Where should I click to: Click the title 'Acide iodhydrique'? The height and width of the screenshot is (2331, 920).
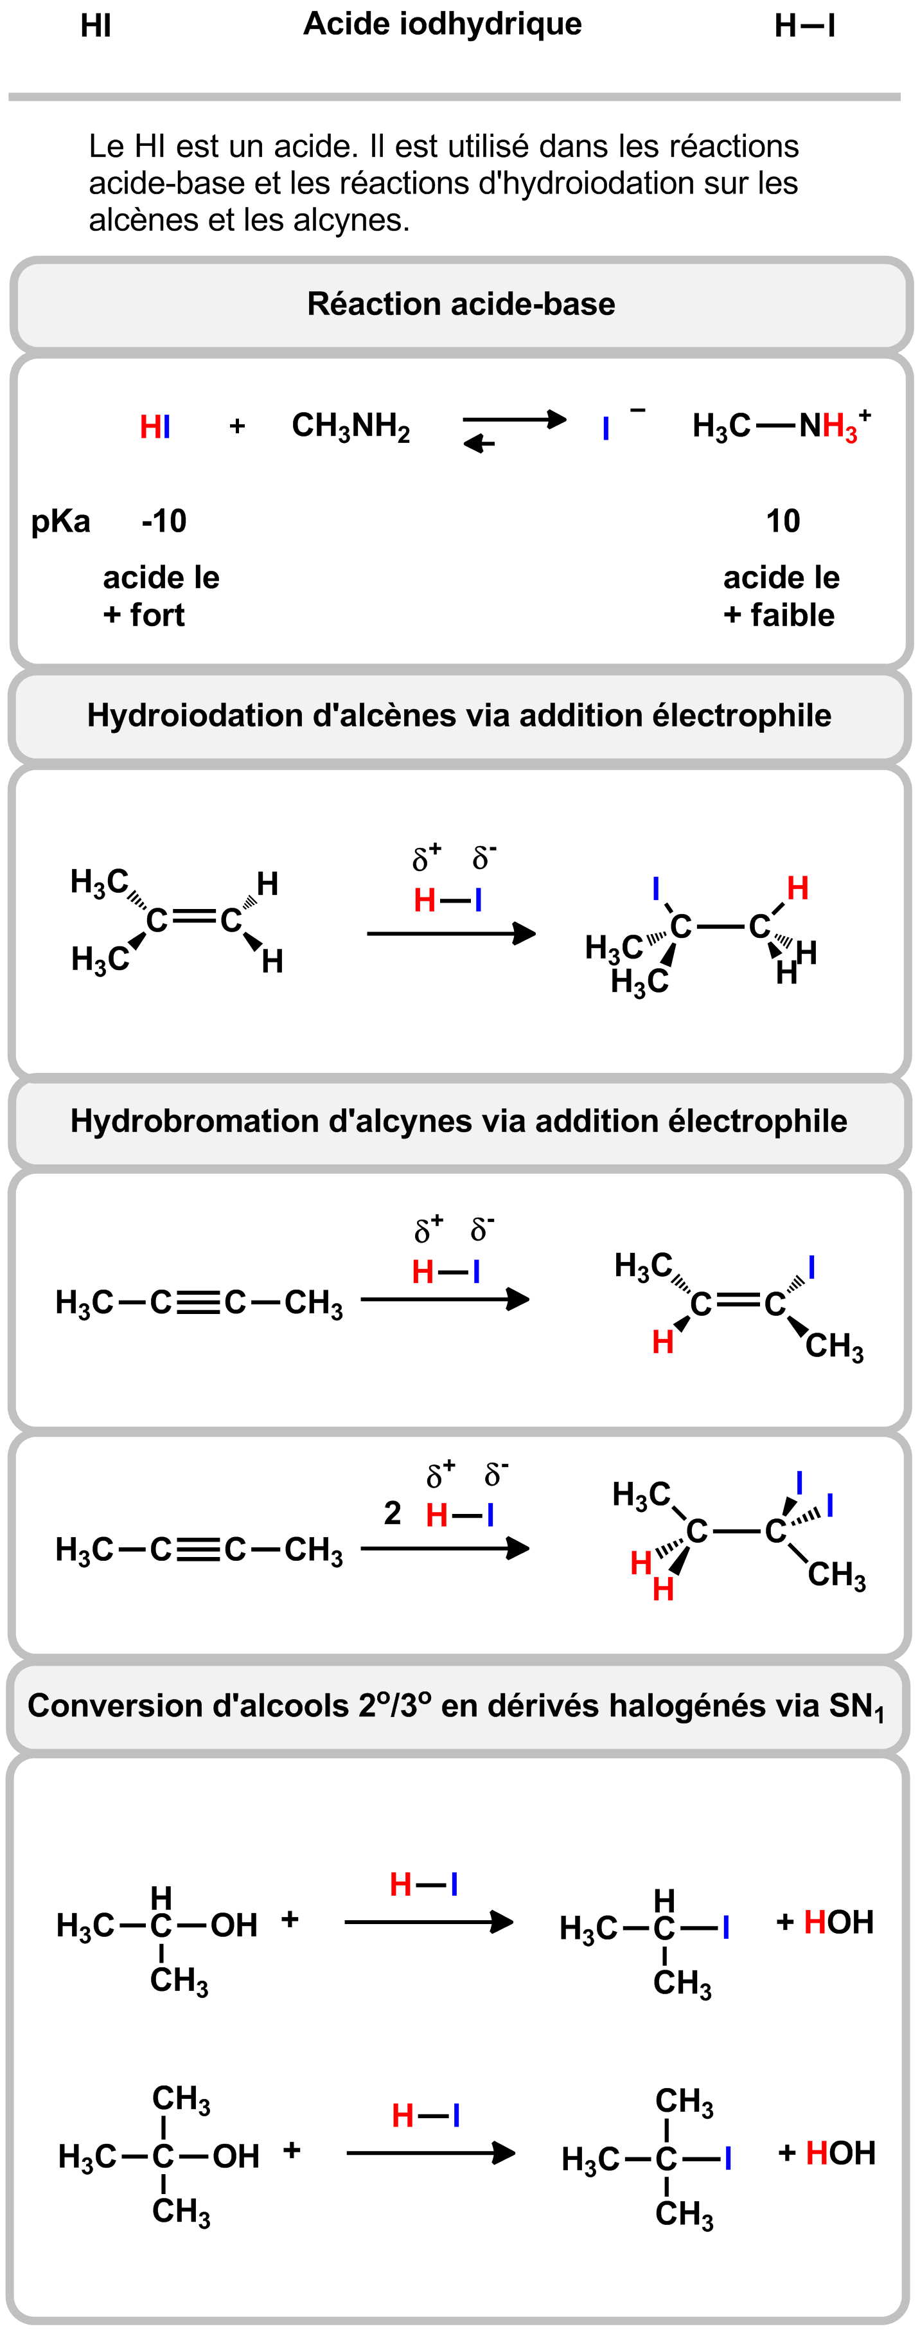tap(443, 24)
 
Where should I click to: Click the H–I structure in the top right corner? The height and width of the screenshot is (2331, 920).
tap(804, 26)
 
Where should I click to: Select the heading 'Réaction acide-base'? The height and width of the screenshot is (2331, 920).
tap(461, 304)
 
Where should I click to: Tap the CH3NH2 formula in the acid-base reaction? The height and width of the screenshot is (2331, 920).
tap(351, 426)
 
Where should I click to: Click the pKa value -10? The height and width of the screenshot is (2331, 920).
tap(164, 521)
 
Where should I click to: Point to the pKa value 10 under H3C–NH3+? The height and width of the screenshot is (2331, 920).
tap(783, 521)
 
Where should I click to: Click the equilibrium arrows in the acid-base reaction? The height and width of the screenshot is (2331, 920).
tap(514, 431)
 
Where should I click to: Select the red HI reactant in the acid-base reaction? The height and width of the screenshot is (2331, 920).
tap(155, 427)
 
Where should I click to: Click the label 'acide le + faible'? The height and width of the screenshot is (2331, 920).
tap(780, 597)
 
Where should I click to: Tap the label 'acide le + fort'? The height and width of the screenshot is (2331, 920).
tap(160, 597)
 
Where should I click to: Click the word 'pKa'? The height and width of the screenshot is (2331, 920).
tap(60, 522)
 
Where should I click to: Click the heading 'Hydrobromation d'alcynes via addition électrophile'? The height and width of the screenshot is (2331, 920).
tap(459, 1121)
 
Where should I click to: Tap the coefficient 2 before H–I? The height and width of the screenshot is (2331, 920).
tap(392, 1513)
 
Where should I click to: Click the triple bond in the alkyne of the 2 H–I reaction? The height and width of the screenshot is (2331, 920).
tap(198, 1550)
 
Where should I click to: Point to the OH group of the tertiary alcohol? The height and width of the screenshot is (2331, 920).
tap(236, 2156)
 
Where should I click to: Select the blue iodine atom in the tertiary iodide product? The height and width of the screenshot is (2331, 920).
tap(727, 2159)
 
